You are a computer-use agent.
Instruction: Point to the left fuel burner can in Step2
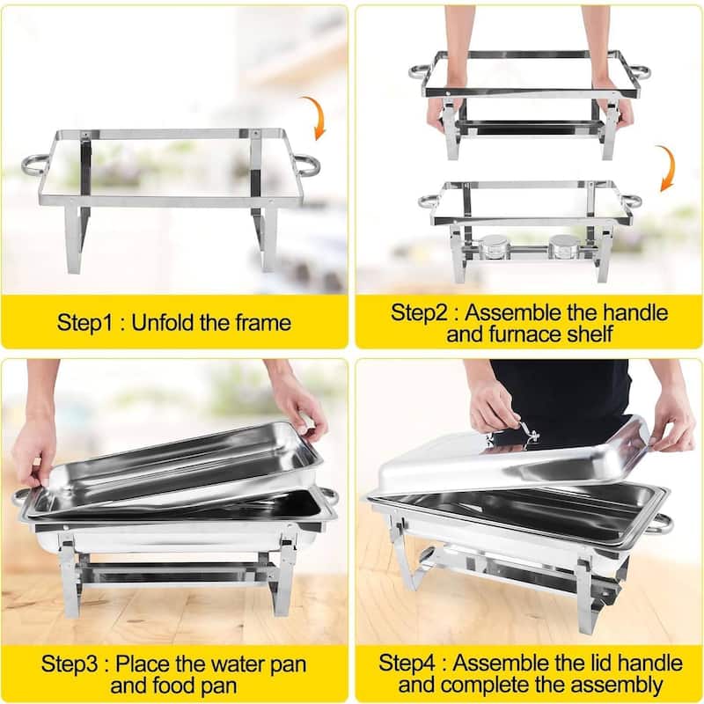pyautogui.click(x=495, y=246)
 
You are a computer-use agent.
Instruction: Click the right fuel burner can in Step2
pyautogui.click(x=564, y=246)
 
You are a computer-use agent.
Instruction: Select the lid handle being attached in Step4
pyautogui.click(x=527, y=434)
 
